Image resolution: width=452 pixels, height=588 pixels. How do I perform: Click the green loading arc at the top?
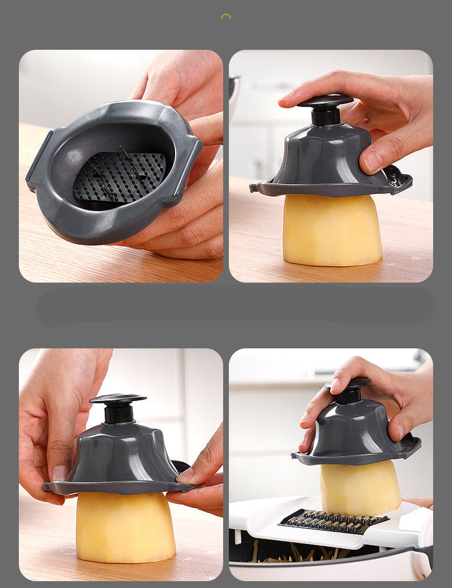[x=226, y=17]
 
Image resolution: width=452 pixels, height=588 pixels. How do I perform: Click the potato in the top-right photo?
[x=332, y=229]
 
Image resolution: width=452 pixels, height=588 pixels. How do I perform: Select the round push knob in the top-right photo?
[x=325, y=102]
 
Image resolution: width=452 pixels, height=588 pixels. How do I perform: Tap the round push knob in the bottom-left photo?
[x=118, y=399]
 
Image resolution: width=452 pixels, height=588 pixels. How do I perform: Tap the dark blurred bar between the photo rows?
[x=235, y=306]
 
